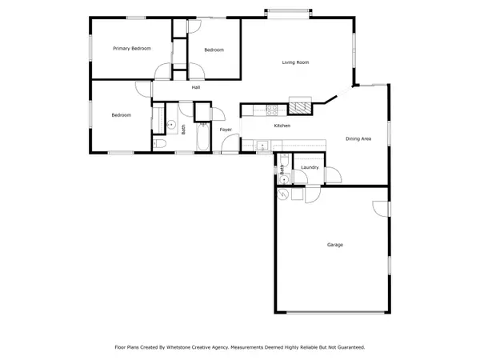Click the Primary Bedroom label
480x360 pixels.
point(132,50)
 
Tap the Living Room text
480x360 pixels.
point(295,62)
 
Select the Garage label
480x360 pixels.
point(334,244)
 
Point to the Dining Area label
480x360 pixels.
point(358,139)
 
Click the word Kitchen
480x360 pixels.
point(282,126)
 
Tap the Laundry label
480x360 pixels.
point(310,167)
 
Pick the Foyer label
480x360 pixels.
point(226,129)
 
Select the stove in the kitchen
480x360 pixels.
point(272,109)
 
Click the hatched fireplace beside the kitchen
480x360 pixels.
point(301,106)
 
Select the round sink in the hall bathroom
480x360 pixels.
point(170,126)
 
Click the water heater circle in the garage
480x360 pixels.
point(284,195)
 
